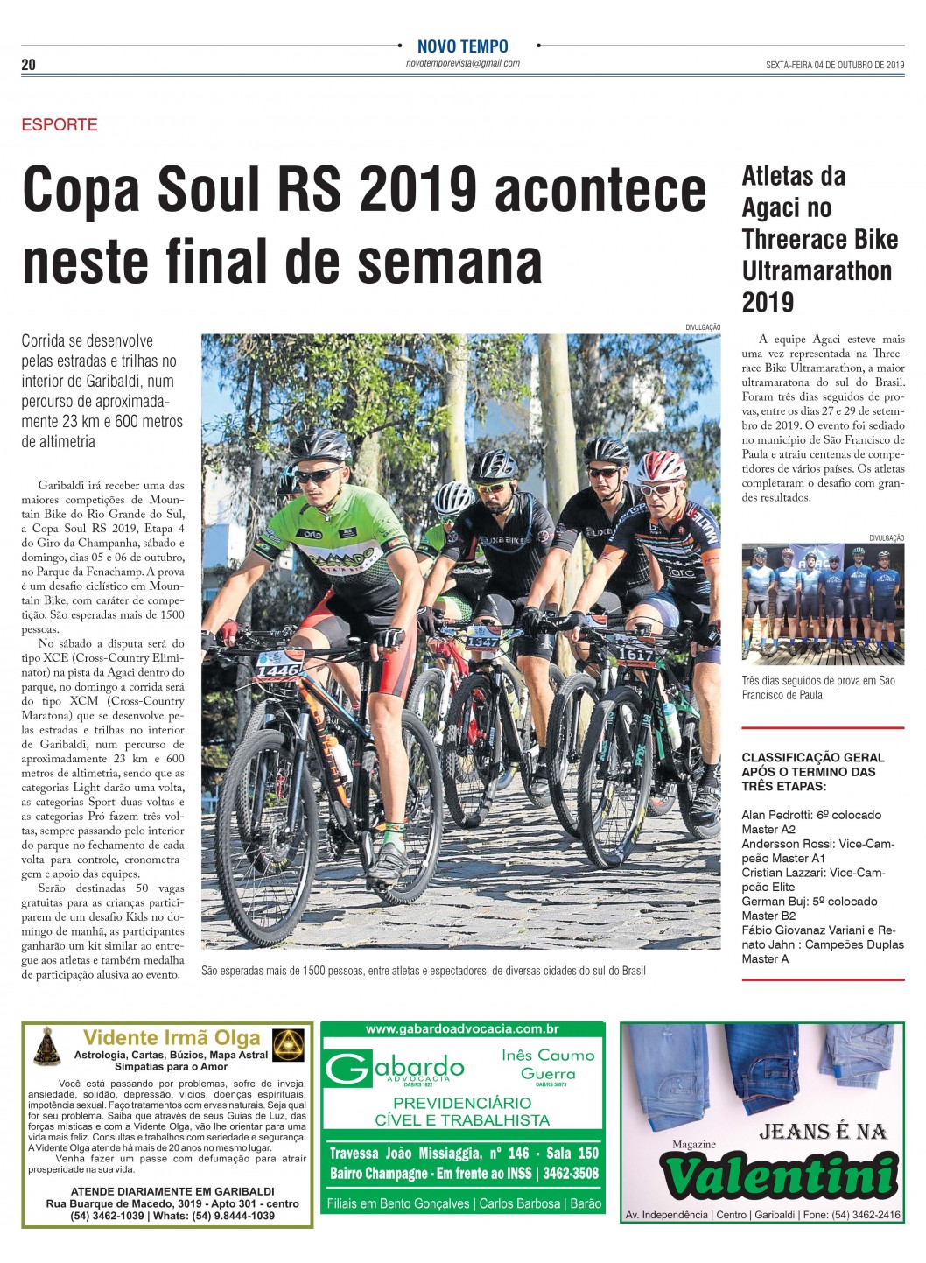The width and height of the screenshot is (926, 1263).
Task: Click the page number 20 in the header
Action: point(29,65)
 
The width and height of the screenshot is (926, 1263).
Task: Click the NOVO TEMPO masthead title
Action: point(462,46)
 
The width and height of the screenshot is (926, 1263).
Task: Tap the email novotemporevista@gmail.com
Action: point(462,64)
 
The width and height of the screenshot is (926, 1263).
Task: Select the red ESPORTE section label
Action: point(60,124)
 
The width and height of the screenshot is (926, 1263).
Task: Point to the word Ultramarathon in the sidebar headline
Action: point(817,270)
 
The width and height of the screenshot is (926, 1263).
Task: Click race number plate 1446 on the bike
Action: point(277,670)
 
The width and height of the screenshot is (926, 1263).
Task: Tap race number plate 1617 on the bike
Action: point(635,655)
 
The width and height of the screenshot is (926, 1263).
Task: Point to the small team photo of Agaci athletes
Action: point(823,604)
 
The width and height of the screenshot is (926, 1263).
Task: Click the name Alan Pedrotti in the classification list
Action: point(776,815)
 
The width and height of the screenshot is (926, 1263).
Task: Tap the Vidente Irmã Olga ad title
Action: point(172,1038)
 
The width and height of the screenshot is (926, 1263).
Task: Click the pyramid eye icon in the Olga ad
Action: point(288,1046)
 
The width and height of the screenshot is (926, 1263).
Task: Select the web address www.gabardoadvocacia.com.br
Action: point(462,1029)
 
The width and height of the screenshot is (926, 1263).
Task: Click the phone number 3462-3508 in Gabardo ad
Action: point(571,1174)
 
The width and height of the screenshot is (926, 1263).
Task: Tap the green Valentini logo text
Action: point(778,1175)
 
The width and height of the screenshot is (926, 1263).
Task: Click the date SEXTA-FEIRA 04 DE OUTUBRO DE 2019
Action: point(834,65)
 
